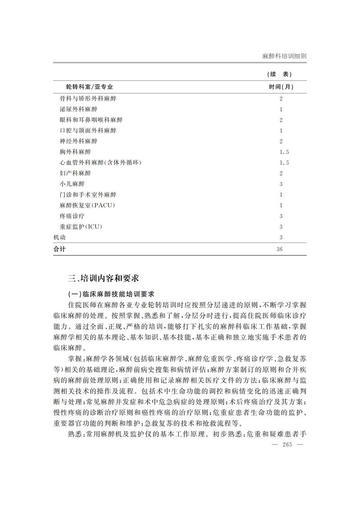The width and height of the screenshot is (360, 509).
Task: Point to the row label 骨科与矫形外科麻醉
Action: click(88, 98)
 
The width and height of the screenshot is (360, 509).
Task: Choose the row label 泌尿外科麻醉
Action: click(78, 109)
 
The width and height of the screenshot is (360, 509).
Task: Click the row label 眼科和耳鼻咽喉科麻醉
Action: click(91, 120)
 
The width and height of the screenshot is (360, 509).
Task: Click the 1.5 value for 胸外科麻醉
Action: click(283, 152)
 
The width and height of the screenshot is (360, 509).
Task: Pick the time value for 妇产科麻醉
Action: click(281, 173)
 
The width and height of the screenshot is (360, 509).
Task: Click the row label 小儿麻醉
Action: click(72, 184)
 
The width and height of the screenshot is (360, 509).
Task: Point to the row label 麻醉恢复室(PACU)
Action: click(87, 205)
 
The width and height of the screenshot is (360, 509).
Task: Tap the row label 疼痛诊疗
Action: click(72, 216)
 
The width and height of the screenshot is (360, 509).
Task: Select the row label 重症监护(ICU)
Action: click(81, 227)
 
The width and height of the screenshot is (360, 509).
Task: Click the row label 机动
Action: click(59, 238)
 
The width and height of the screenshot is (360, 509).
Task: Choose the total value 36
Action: click(281, 249)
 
